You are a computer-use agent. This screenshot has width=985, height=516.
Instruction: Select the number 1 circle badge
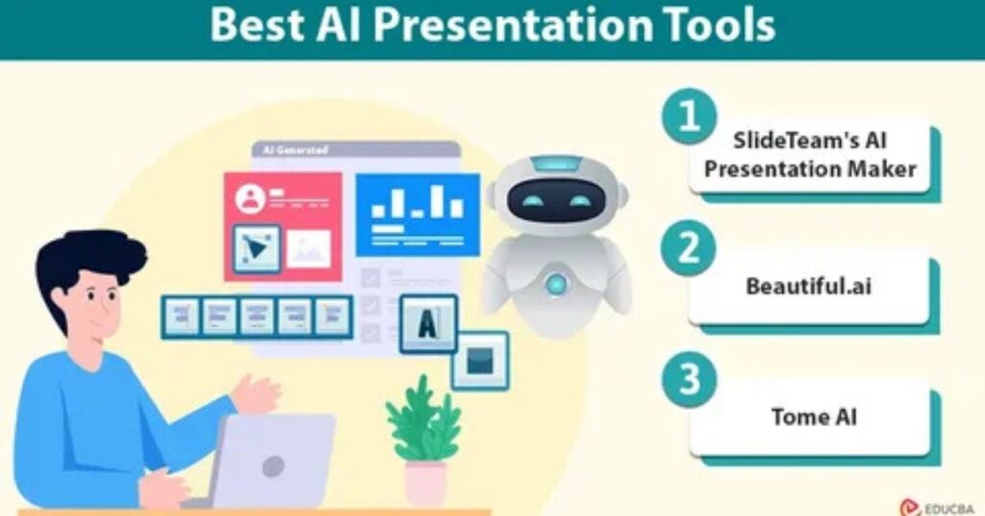click(x=689, y=116)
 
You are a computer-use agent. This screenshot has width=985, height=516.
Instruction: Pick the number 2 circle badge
click(x=689, y=247)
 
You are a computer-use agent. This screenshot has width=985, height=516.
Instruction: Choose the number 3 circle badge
click(x=689, y=379)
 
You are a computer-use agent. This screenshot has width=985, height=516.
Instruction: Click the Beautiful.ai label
click(x=808, y=287)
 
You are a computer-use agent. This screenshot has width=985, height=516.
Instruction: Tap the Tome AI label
click(x=814, y=418)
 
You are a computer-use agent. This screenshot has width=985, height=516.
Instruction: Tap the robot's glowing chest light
click(x=555, y=284)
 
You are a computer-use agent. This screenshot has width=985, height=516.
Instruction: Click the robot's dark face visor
click(x=556, y=200)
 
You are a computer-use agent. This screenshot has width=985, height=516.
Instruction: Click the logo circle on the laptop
click(x=273, y=467)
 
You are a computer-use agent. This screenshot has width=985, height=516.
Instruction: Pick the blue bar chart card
click(x=417, y=215)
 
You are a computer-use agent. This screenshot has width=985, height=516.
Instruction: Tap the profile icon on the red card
click(x=251, y=199)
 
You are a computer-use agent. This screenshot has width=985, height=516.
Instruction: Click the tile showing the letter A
click(x=428, y=323)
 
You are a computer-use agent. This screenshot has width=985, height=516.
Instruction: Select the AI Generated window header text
click(x=294, y=150)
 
